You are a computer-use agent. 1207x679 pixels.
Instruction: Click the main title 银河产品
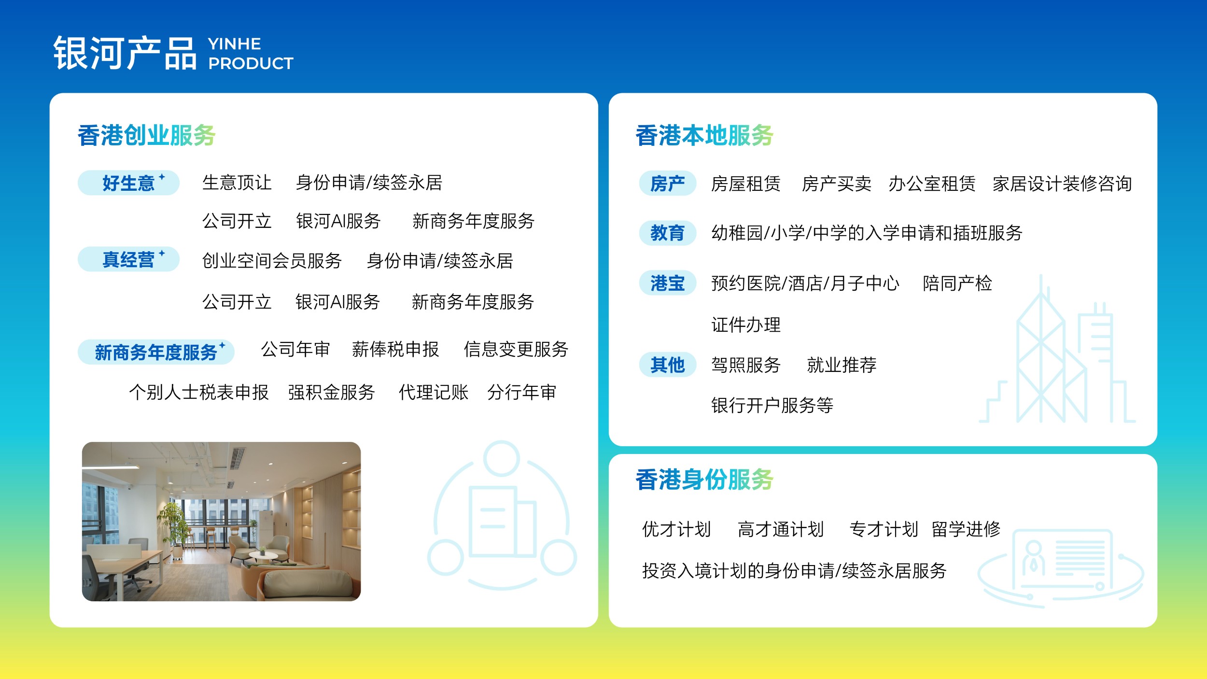[x=125, y=53]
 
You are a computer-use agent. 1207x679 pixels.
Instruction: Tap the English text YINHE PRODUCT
[x=250, y=54]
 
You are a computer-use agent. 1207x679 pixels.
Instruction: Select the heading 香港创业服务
[x=147, y=135]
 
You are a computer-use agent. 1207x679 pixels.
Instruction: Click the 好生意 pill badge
[x=128, y=183]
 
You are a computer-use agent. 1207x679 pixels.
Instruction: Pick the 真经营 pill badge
[x=128, y=259]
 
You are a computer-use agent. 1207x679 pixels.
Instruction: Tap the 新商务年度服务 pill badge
[x=156, y=352]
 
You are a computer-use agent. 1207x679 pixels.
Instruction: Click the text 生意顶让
[x=237, y=183]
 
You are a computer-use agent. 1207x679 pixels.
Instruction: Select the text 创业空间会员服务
[x=272, y=261]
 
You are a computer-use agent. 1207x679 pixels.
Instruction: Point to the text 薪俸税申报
[x=395, y=349]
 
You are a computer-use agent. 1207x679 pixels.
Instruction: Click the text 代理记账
[x=433, y=392]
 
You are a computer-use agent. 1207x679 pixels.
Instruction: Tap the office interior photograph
[x=221, y=521]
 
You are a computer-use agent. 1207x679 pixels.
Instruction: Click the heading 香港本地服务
[x=704, y=135]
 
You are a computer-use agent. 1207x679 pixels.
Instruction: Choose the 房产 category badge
[x=667, y=184]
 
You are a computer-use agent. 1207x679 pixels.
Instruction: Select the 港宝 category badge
[x=667, y=283]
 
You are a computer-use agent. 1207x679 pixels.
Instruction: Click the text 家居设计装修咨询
[x=1062, y=184]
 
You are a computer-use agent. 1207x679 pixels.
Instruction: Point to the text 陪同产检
[x=957, y=283]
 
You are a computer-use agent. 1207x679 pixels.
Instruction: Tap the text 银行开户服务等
[x=772, y=405]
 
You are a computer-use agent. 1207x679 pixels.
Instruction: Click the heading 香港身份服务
[x=704, y=480]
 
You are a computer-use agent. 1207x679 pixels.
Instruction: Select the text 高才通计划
[x=780, y=529]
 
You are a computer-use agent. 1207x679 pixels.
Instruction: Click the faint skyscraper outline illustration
[x=1057, y=357]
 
